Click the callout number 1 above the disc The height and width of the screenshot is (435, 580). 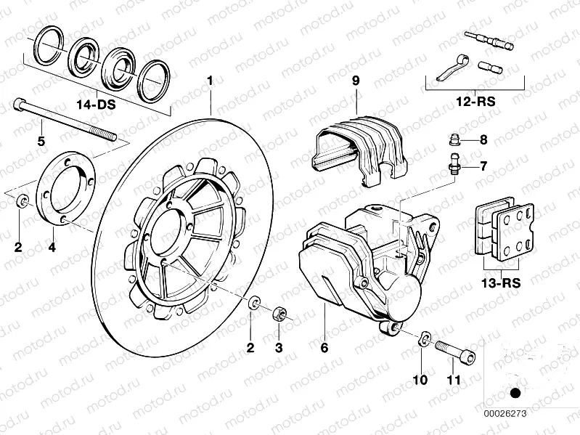pyautogui.click(x=211, y=81)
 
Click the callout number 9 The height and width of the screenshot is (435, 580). pyautogui.click(x=356, y=81)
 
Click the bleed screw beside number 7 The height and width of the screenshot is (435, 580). pyautogui.click(x=454, y=166)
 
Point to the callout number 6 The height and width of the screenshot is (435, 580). pyautogui.click(x=324, y=348)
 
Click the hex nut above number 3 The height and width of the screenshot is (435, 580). pyautogui.click(x=277, y=314)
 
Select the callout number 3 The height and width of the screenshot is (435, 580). pyautogui.click(x=278, y=348)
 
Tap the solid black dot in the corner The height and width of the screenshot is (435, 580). pyautogui.click(x=516, y=394)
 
